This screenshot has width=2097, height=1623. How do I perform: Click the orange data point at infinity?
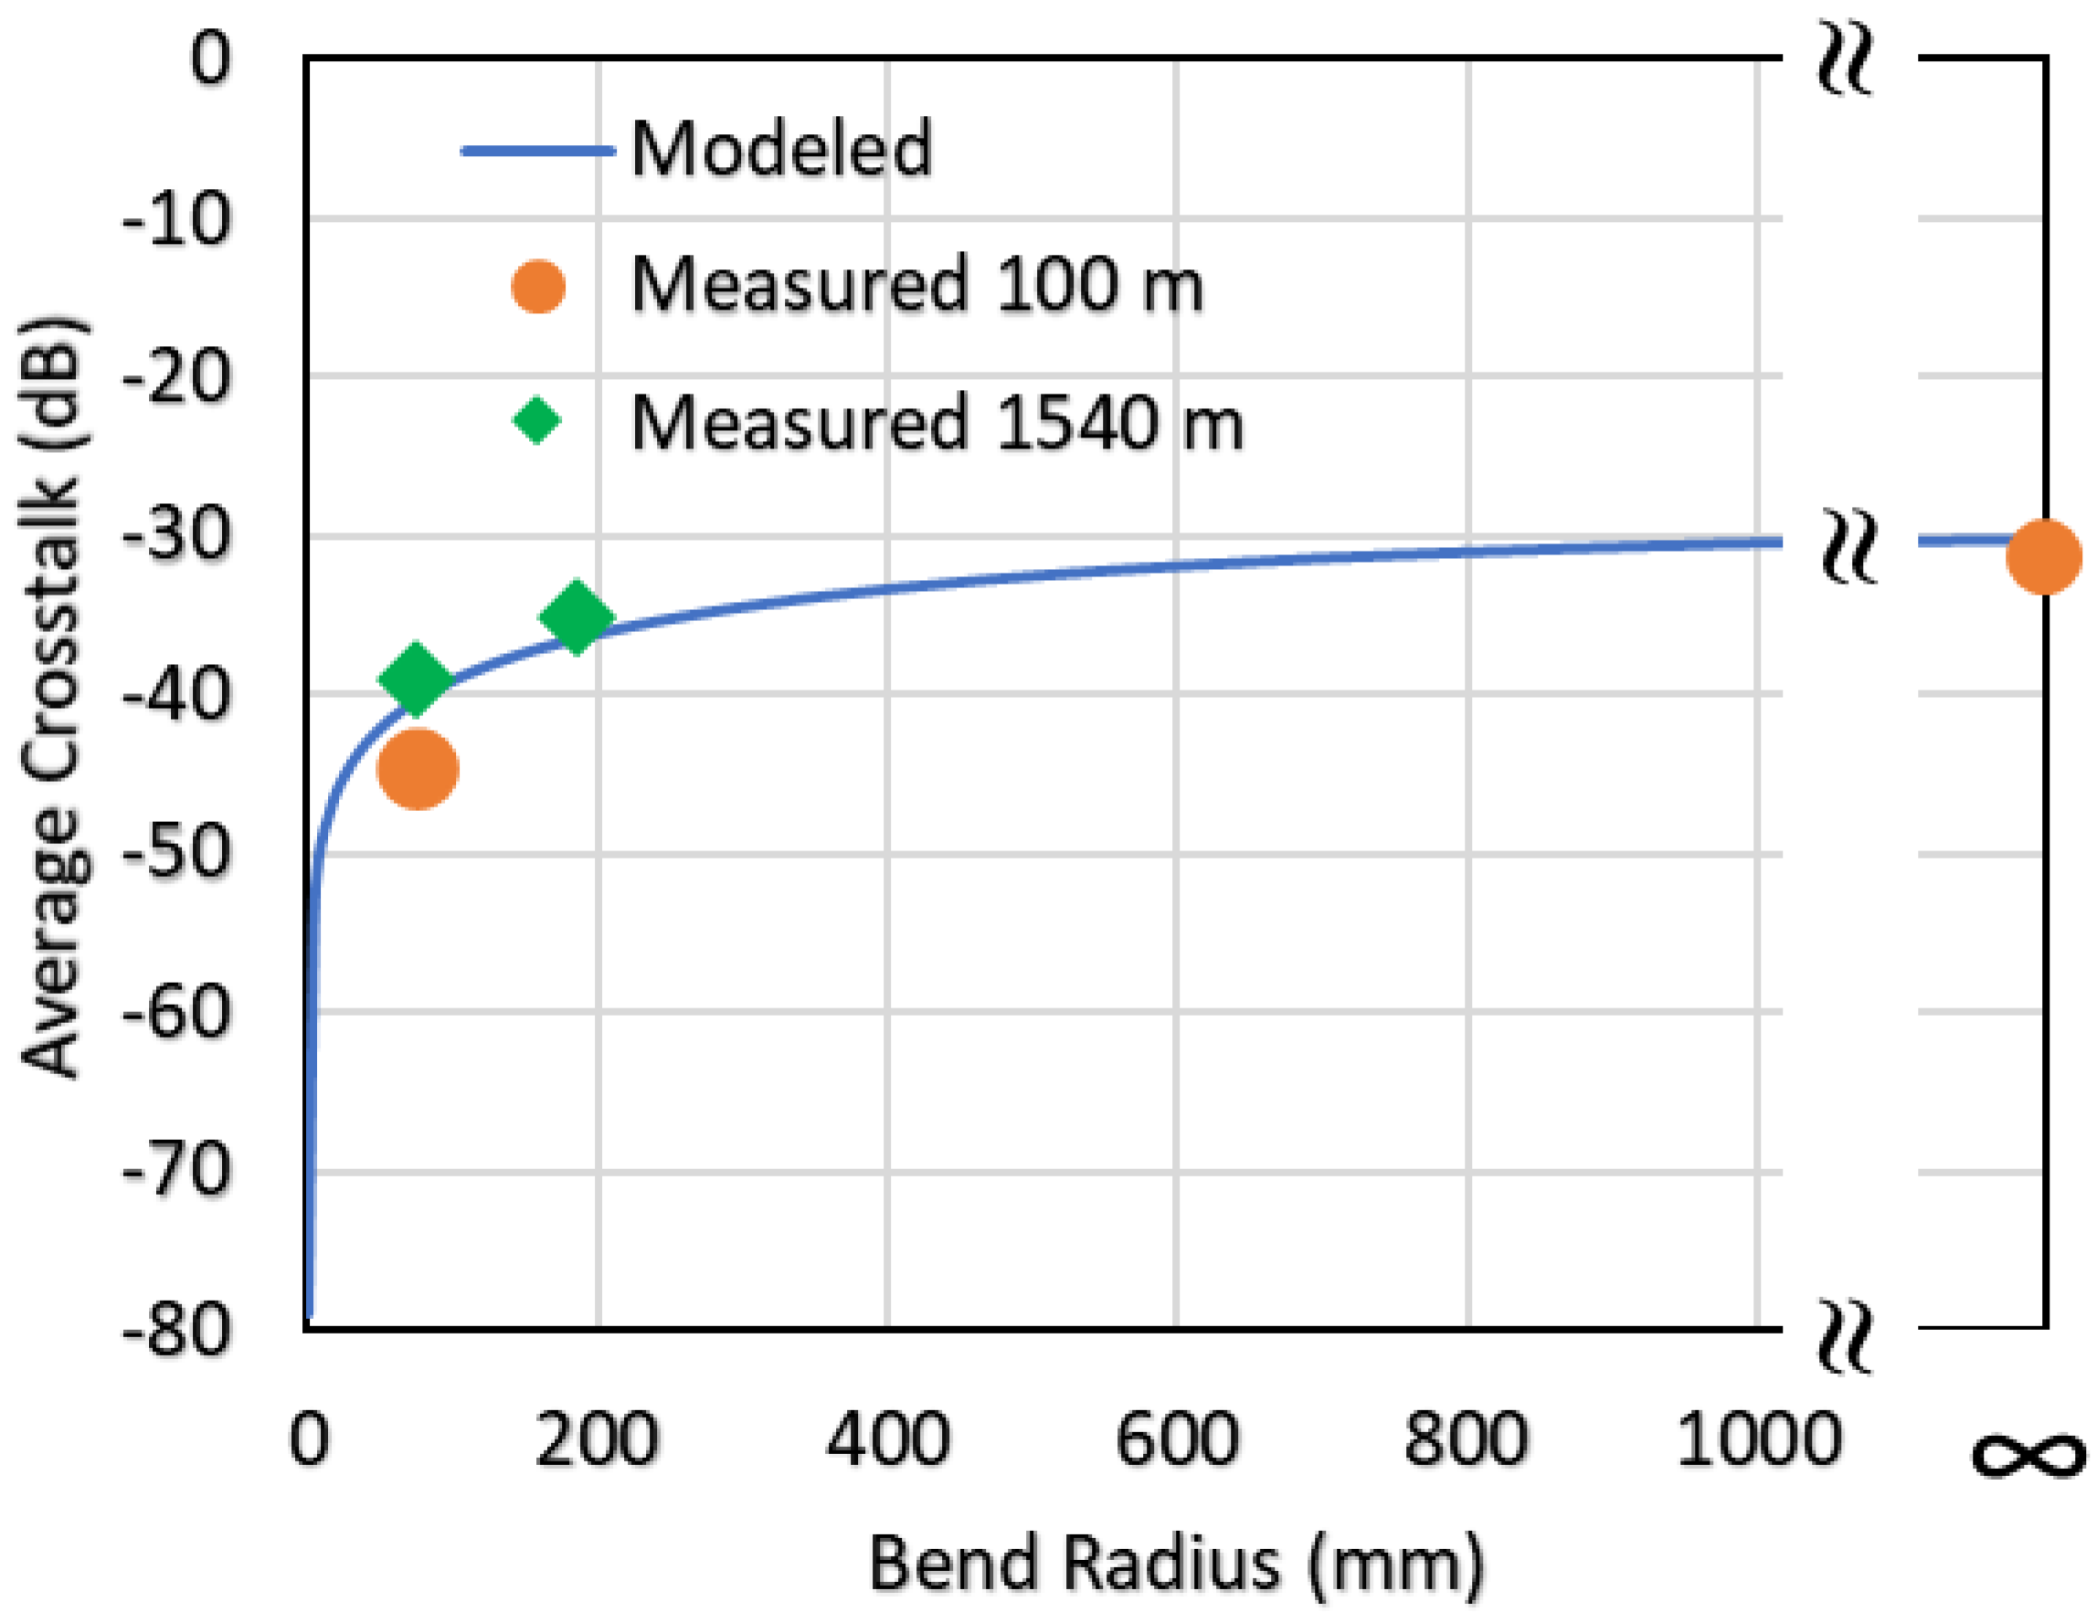(2043, 556)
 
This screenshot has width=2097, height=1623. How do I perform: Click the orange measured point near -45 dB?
(418, 769)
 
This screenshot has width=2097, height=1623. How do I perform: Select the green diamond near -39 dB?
(415, 679)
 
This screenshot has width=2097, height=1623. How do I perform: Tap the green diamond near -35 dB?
(576, 617)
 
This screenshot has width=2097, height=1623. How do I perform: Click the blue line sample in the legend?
(537, 151)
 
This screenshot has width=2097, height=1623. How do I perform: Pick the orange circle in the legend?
(537, 286)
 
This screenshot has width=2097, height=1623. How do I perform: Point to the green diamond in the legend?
(536, 420)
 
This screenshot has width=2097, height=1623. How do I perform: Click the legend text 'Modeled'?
(781, 149)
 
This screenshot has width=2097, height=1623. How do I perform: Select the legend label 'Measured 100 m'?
(916, 285)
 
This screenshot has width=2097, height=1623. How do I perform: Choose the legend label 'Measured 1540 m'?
(937, 422)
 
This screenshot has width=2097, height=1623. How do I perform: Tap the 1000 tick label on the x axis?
(1758, 1439)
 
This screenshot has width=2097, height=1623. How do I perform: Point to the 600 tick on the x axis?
(1177, 1439)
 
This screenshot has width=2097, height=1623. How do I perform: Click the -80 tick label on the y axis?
(178, 1330)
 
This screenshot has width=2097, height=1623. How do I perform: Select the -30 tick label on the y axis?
(178, 534)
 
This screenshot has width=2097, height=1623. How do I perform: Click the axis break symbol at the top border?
(1845, 59)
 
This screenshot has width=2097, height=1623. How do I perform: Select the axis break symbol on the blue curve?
(1848, 544)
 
